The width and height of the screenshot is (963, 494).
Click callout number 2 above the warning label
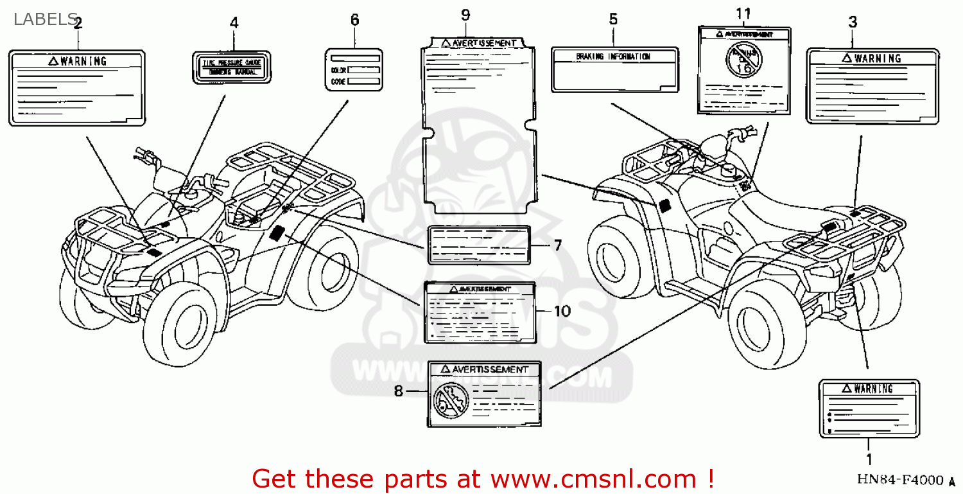pos(78,24)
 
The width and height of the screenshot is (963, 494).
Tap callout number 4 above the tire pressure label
pos(234,23)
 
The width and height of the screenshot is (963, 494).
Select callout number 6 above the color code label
pos(354,20)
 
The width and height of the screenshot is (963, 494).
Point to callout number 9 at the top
pos(465,15)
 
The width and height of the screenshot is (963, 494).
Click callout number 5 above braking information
pos(613,19)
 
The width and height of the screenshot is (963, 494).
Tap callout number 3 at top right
pos(852,22)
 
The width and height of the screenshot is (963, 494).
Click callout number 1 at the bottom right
pos(869,459)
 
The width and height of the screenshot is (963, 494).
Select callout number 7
pos(557,245)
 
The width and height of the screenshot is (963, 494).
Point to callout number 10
pos(562,312)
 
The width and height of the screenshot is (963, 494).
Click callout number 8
pos(399,391)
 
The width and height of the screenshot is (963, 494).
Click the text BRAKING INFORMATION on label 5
pos(613,57)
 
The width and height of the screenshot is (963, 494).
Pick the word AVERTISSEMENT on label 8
pos(489,369)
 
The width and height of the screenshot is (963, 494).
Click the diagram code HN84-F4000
pos(899,481)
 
